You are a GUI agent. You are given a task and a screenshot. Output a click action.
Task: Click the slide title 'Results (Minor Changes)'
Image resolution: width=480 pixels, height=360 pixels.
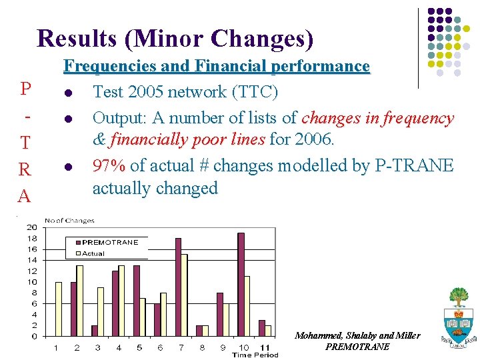tap(175, 38)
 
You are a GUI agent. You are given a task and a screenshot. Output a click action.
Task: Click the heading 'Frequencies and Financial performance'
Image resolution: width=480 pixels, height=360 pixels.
tap(216, 66)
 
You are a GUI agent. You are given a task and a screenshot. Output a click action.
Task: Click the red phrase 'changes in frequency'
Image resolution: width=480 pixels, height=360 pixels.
tap(377, 118)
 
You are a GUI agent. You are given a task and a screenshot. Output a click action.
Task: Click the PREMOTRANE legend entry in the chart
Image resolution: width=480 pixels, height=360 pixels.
tap(109, 243)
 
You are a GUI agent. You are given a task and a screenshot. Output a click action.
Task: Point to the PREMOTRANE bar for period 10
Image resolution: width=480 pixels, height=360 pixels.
tap(241, 284)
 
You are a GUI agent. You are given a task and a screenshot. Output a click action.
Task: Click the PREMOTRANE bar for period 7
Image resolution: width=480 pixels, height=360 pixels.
tap(178, 287)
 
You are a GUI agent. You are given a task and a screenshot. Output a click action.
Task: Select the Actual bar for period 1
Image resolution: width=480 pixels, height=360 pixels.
tap(58, 309)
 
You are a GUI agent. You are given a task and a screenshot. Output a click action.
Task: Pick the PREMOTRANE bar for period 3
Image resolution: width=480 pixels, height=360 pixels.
tap(95, 331)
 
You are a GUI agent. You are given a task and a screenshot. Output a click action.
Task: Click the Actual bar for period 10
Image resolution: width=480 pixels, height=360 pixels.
tap(247, 306)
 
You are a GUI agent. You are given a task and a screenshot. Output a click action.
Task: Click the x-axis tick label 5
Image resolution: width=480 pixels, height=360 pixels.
tap(139, 347)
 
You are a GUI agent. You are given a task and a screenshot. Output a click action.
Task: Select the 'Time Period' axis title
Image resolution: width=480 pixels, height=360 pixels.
tap(255, 355)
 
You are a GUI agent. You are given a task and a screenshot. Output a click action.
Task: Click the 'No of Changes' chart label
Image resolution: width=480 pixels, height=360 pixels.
tap(69, 220)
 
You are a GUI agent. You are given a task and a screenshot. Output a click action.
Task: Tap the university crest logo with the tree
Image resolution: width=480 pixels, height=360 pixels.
tap(458, 317)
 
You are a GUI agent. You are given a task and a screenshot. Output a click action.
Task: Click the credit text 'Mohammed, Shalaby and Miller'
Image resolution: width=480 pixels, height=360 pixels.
tap(357, 335)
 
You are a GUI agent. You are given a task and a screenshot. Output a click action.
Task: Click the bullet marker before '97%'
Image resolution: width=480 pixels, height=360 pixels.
tap(67, 166)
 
